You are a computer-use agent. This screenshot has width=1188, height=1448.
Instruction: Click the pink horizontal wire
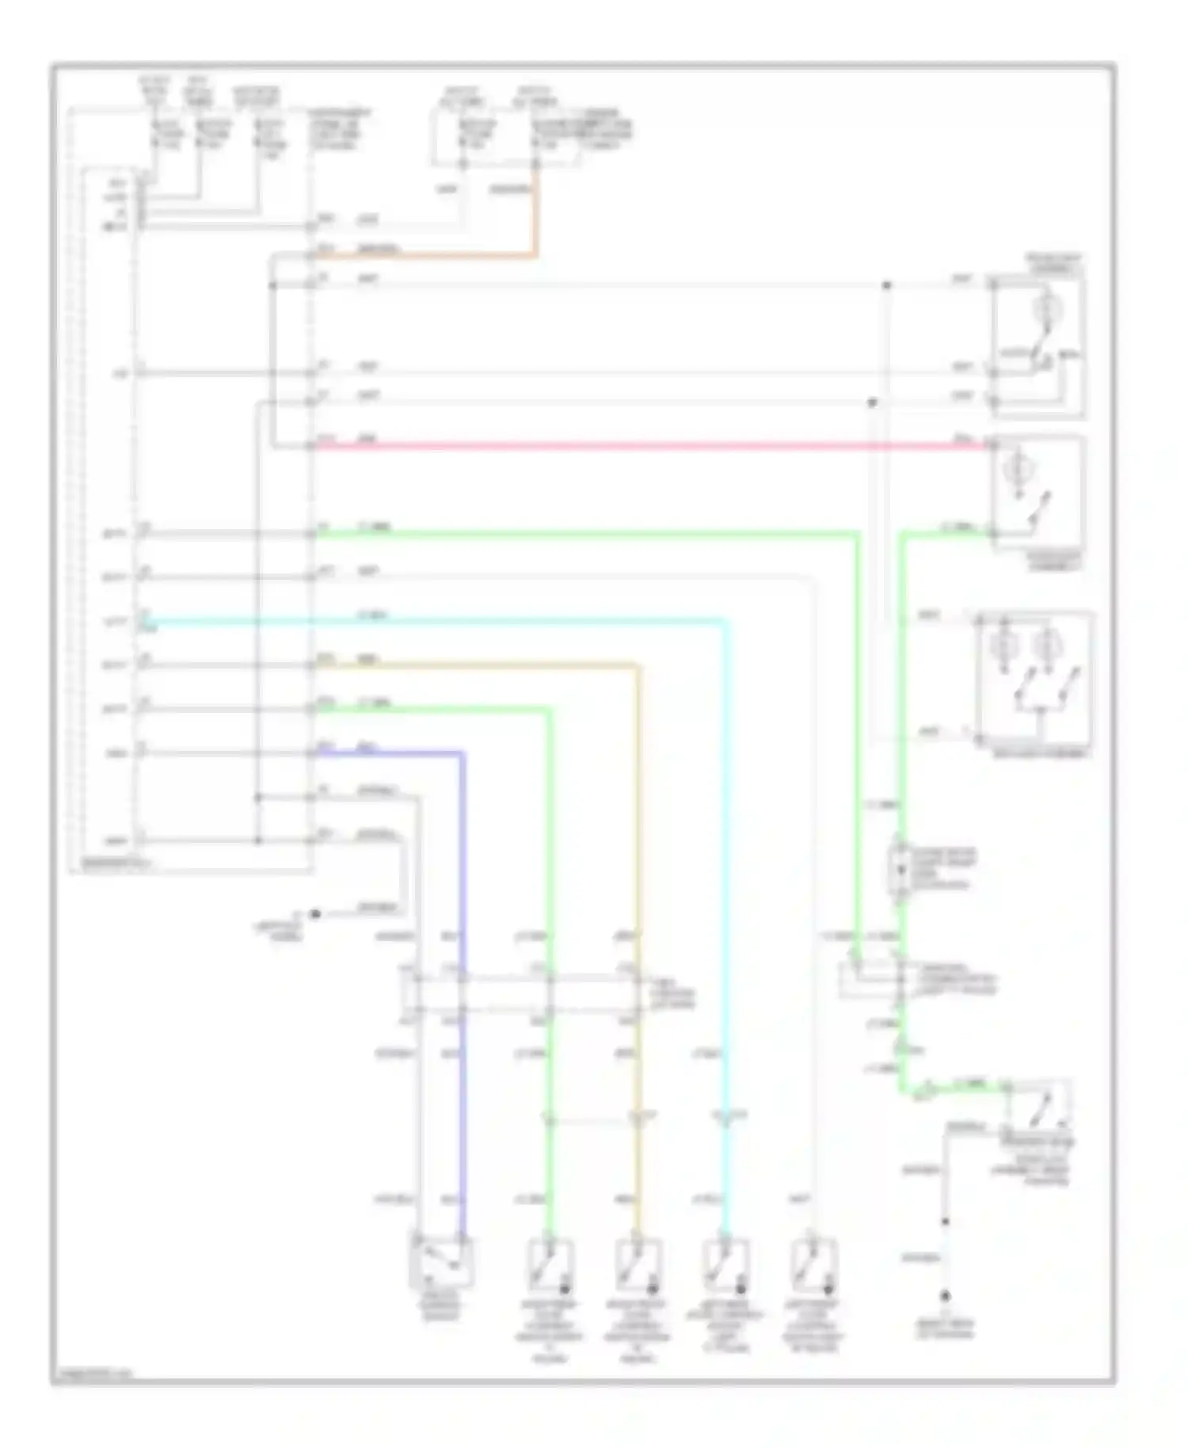click(634, 446)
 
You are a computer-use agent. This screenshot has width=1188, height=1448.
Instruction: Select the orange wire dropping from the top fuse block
click(536, 214)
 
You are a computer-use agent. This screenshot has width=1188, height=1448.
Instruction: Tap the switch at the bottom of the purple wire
click(441, 1262)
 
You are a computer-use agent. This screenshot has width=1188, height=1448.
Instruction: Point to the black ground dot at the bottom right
click(944, 1297)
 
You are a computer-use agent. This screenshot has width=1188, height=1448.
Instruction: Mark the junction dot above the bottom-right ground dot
click(944, 1221)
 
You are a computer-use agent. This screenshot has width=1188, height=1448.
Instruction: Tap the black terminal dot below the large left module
click(314, 914)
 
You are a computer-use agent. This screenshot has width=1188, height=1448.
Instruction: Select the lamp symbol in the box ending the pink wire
click(1015, 471)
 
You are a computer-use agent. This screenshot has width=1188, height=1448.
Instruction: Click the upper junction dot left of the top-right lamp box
click(886, 285)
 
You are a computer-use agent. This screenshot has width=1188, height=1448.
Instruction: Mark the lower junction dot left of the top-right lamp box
click(872, 402)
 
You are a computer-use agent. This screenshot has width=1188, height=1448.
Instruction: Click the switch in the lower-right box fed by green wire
click(1038, 1107)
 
